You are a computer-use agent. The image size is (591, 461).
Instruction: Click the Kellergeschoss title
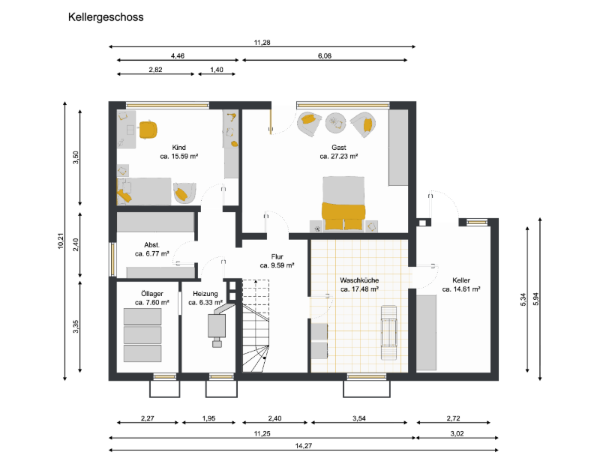pyautogui.click(x=106, y=17)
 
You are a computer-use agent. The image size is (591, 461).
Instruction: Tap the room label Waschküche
pyautogui.click(x=359, y=280)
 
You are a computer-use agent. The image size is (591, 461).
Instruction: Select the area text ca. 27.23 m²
pyautogui.click(x=338, y=157)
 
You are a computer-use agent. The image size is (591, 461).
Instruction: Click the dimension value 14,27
pyautogui.click(x=304, y=445)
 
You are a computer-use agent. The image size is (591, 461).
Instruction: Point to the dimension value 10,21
pyautogui.click(x=61, y=241)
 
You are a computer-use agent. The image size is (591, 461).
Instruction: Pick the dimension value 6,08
pyautogui.click(x=325, y=55)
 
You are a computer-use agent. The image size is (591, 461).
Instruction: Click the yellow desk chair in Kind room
pyautogui.click(x=148, y=130)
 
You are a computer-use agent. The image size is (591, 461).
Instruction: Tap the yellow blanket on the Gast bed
pyautogui.click(x=343, y=216)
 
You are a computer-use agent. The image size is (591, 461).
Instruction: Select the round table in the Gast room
pyautogui.click(x=335, y=123)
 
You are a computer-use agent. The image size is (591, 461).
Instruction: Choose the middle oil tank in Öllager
pyautogui.click(x=142, y=335)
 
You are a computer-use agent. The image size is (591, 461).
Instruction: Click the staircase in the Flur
pyautogui.click(x=256, y=326)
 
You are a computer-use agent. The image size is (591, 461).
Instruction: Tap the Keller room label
pyautogui.click(x=461, y=280)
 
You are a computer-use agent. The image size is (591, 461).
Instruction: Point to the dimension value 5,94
pyautogui.click(x=536, y=299)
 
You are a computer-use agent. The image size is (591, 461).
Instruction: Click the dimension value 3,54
pyautogui.click(x=358, y=418)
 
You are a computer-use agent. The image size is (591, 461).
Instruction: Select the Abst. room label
pyautogui.click(x=152, y=245)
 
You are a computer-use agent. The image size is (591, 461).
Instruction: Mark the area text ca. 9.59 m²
pyautogui.click(x=277, y=265)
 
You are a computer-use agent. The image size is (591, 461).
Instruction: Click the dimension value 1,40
pyautogui.click(x=217, y=70)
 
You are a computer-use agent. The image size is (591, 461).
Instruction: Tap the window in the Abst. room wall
pyautogui.click(x=112, y=259)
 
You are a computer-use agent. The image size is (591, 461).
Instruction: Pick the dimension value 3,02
pyautogui.click(x=457, y=433)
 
